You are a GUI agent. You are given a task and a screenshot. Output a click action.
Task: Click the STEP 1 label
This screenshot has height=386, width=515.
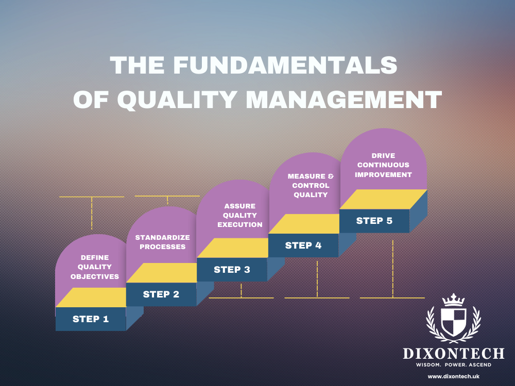[x=91, y=319]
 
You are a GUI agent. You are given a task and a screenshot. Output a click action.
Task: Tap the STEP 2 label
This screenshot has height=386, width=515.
[x=161, y=294]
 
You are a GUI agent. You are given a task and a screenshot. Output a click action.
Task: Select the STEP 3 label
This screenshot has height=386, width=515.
[x=232, y=270]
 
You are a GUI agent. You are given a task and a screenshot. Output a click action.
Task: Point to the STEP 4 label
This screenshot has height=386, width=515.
[x=303, y=245]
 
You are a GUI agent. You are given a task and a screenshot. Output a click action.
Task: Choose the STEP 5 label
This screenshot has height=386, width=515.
[x=374, y=221]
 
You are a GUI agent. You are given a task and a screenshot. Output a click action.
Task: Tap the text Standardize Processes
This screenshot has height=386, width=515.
[x=162, y=242]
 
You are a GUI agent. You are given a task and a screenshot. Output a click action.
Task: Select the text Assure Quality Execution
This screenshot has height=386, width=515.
[x=239, y=216]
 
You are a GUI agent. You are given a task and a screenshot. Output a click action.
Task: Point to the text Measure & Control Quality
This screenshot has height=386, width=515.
[x=311, y=185]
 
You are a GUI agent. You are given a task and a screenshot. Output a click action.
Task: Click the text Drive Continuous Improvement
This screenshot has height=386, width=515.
[x=384, y=165]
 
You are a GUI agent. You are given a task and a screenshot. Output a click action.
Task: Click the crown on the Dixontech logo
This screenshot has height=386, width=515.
[x=453, y=299]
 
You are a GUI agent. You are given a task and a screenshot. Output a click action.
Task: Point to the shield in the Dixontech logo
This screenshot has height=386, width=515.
[x=453, y=322]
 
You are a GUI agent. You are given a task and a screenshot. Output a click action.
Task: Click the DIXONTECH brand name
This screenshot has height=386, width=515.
[x=453, y=354]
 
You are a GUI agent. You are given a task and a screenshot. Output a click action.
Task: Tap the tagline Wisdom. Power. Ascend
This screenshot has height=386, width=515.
[x=453, y=365]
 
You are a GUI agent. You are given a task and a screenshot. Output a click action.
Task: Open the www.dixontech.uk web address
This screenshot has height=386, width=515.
[x=453, y=377]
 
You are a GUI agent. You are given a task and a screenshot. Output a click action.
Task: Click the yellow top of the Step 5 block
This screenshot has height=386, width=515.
[x=384, y=200]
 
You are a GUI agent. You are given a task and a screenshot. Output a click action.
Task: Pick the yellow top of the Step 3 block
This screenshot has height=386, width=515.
[x=240, y=248]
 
